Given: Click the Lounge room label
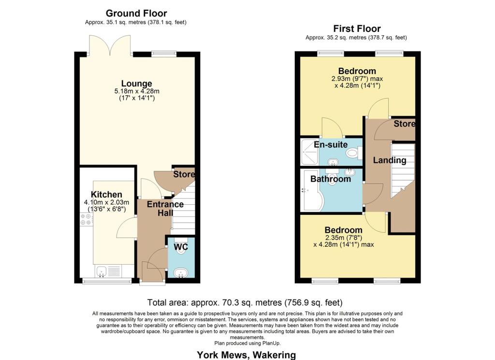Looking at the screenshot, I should click(136, 84).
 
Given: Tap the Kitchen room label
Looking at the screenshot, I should click(107, 195).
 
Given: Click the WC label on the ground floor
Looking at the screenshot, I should click(181, 247).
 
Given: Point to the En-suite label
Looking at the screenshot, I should click(331, 145).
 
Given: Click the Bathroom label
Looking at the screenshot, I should click(331, 179).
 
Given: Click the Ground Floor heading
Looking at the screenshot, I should click(136, 13).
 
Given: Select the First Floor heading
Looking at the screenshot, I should click(356, 29).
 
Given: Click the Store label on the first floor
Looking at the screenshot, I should click(404, 124).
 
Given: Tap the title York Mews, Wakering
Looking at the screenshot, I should click(246, 355).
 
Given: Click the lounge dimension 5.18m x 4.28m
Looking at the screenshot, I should click(136, 91).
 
